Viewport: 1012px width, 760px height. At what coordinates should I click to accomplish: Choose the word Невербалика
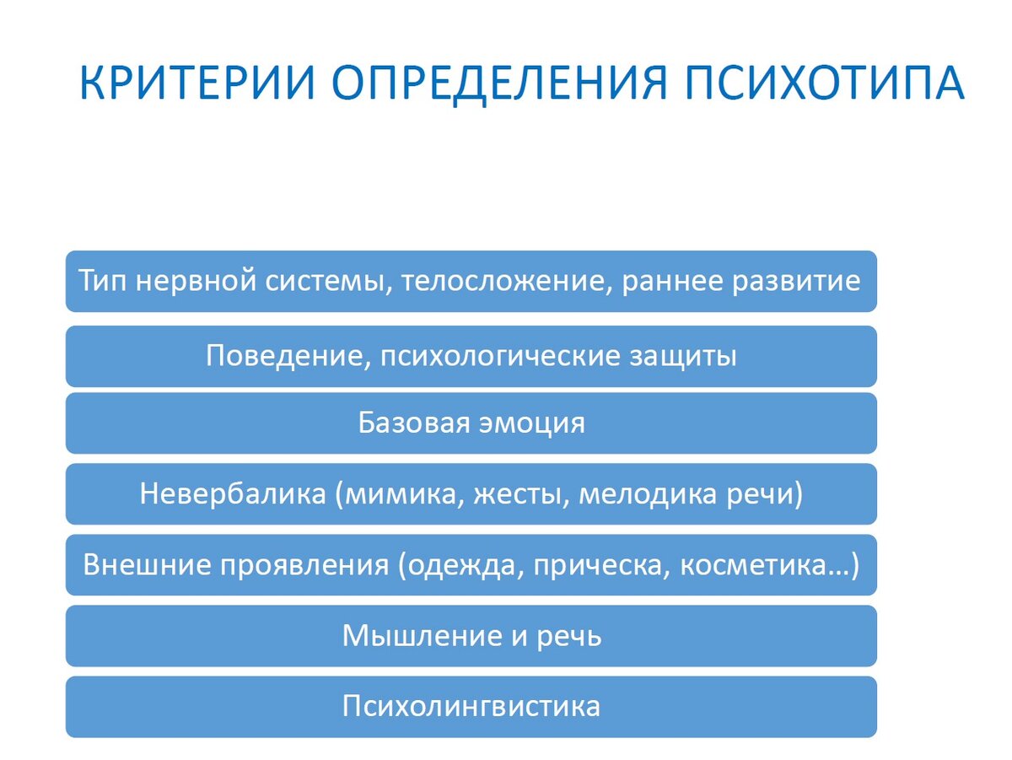coord(233,493)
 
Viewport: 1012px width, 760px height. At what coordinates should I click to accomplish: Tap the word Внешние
coord(147,564)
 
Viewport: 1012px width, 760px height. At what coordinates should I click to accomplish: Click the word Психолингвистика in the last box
coord(471,706)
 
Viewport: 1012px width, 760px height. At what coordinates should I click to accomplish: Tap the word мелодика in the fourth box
coord(643,493)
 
